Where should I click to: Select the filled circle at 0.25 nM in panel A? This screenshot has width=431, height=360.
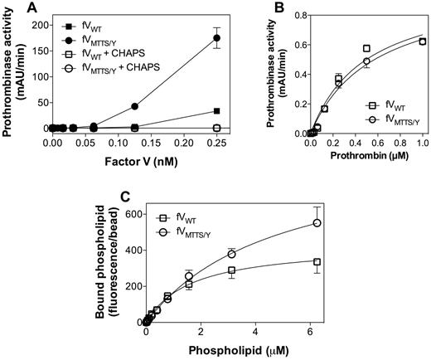click(x=217, y=38)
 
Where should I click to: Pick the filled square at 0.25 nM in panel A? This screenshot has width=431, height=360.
click(x=217, y=110)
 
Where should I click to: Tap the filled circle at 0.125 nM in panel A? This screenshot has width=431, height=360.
click(x=134, y=106)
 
